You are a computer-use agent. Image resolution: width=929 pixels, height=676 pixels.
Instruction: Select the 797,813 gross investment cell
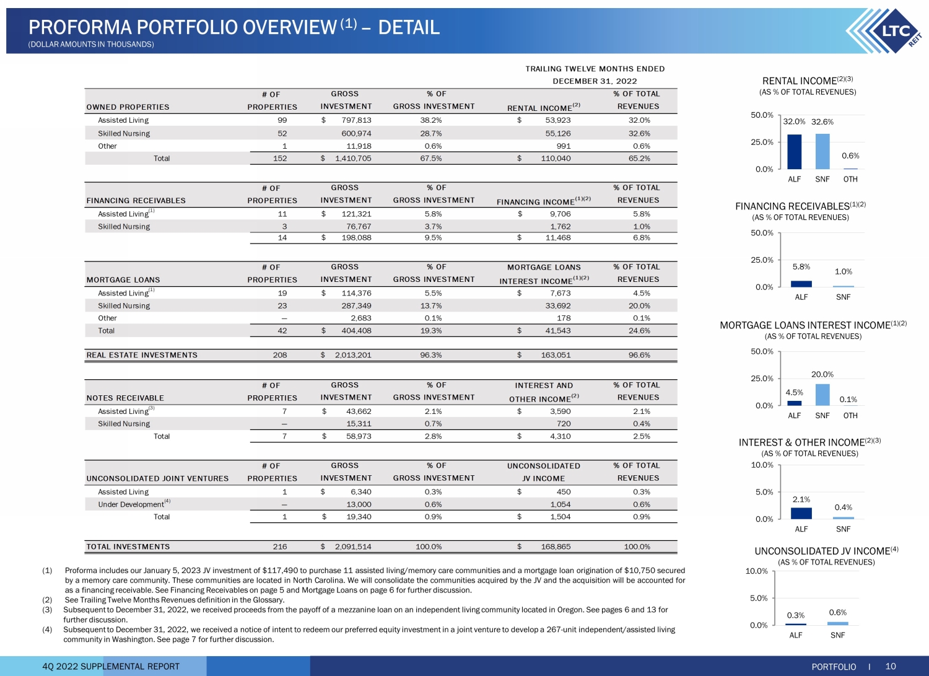(356, 120)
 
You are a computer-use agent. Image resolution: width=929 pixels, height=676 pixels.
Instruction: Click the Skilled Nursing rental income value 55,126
(557, 133)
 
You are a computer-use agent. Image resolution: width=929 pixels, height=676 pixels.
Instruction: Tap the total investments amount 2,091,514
(352, 547)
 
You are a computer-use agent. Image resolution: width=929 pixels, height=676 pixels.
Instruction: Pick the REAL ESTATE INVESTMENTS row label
(142, 355)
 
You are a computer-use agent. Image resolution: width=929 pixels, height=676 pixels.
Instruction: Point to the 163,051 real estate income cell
(556, 355)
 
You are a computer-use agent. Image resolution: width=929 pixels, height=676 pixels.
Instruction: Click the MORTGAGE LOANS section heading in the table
(123, 280)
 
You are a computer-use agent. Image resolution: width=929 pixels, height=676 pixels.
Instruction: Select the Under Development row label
(131, 504)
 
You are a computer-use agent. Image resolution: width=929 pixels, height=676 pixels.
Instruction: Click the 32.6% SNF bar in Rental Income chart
(822, 151)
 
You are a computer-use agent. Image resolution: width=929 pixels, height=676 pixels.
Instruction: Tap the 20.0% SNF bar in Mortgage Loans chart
(822, 395)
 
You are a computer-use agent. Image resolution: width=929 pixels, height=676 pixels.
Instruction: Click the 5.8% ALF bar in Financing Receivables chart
(801, 284)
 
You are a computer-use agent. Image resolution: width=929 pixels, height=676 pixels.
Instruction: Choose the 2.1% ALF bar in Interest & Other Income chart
(801, 513)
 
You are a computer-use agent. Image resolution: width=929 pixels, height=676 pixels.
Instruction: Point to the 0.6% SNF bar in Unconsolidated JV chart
(838, 623)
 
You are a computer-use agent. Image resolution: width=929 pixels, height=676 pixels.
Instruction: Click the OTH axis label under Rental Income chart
(850, 179)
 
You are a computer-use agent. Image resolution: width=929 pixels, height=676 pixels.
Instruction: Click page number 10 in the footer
(891, 666)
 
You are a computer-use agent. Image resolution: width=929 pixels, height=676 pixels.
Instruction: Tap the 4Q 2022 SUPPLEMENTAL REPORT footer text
(111, 666)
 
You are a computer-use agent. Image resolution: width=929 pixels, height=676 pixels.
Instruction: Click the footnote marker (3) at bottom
(47, 610)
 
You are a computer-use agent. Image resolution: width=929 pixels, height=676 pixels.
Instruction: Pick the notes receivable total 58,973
(359, 436)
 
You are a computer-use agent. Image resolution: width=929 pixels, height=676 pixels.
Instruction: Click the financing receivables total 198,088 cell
(359, 237)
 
